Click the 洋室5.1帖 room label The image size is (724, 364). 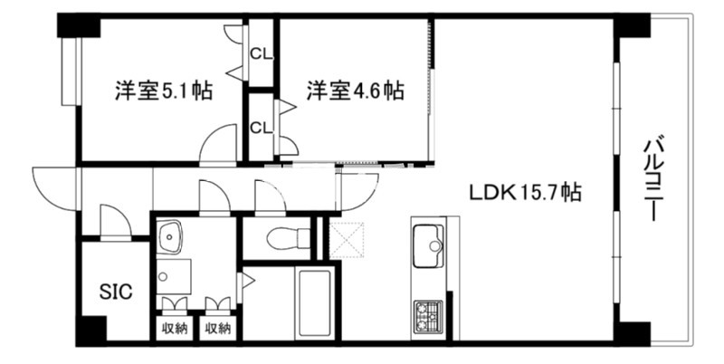pos(164,91)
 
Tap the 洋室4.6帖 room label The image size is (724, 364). pos(356,91)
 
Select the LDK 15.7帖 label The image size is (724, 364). pos(525,192)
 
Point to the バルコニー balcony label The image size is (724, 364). pos(651,177)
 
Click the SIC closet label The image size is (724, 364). pos(116,292)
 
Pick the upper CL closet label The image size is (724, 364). pos(261,54)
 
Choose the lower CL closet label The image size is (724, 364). pos(261,128)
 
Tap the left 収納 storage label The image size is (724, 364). pos(174,329)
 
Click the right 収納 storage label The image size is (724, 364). pos(217,329)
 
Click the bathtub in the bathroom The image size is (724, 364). pos(315,303)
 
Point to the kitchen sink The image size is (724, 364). pos(428,245)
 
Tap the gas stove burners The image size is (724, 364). pos(428,316)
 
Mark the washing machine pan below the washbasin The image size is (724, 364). pos(174,277)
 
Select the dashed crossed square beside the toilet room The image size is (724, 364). pos(348,240)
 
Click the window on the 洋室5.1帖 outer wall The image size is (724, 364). pos(71,72)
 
